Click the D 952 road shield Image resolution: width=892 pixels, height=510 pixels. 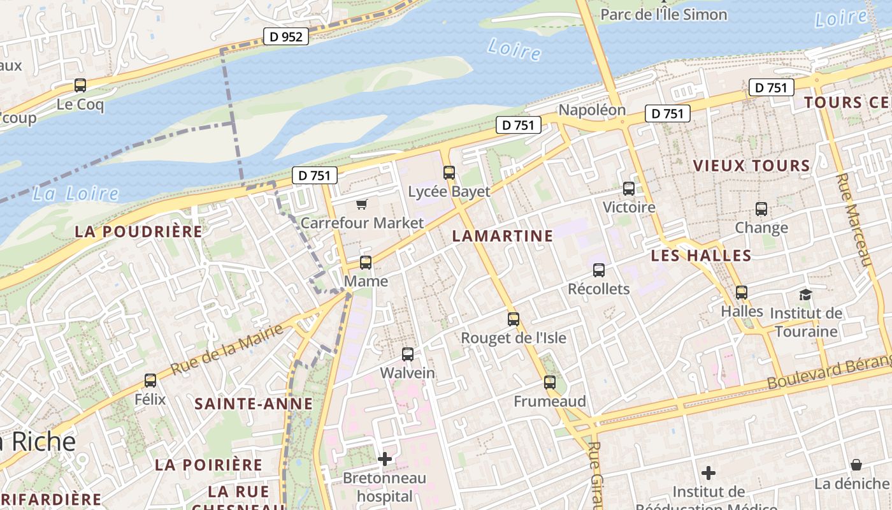286,37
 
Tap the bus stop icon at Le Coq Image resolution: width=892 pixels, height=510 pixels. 80,85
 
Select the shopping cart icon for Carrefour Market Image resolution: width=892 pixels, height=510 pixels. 362,204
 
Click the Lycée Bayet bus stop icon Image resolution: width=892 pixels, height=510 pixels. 449,173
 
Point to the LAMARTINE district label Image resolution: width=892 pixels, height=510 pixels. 502,236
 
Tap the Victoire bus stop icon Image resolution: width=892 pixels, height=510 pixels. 629,189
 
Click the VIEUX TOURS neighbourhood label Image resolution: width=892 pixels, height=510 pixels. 751,166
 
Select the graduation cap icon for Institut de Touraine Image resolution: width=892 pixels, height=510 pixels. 805,295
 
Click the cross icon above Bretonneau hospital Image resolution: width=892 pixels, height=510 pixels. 385,458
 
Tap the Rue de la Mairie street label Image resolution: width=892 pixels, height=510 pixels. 227,349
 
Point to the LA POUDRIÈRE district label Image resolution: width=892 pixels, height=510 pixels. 138,231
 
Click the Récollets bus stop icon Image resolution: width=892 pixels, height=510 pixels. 599,270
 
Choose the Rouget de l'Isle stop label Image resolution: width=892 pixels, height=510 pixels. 514,338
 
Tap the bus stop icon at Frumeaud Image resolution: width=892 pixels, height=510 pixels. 550,382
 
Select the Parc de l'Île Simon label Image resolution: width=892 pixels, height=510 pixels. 663,15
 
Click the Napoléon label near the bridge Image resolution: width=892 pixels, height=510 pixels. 592,110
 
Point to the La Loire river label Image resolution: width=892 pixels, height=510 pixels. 75,194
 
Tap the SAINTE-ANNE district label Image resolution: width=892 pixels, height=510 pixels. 254,404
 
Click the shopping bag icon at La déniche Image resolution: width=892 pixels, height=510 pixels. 856,465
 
